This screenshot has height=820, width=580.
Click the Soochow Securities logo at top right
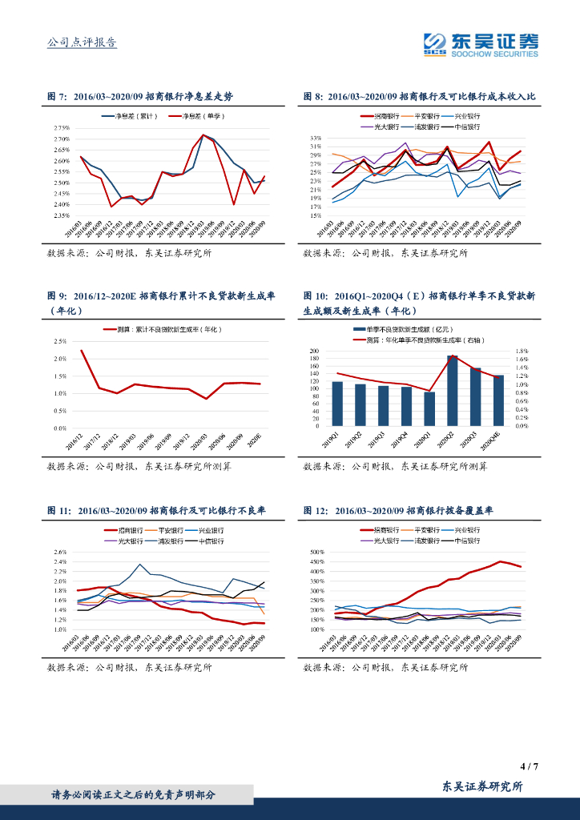click(x=481, y=43)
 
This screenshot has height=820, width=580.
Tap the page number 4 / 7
click(x=529, y=766)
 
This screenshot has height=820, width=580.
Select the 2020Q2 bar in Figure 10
click(x=453, y=391)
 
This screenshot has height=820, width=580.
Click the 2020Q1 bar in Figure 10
click(x=429, y=408)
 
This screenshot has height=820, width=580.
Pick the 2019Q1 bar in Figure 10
click(x=337, y=404)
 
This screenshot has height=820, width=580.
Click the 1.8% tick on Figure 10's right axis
click(x=522, y=351)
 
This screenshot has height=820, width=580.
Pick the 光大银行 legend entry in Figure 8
click(x=379, y=127)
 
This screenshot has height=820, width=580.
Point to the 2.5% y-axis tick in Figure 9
click(x=61, y=340)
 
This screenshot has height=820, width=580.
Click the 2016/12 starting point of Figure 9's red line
click(x=81, y=350)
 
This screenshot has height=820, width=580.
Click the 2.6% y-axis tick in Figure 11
click(x=60, y=552)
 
